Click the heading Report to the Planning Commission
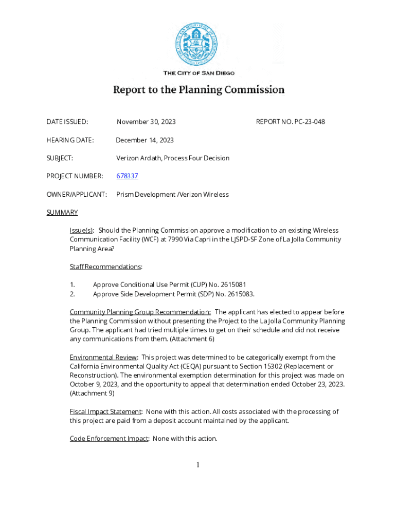click(x=199, y=90)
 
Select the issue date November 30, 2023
click(x=146, y=122)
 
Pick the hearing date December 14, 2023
click(x=145, y=140)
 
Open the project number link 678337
click(x=127, y=176)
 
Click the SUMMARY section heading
click(x=62, y=213)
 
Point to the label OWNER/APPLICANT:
click(x=77, y=195)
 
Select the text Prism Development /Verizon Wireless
click(x=172, y=195)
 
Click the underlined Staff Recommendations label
click(x=105, y=267)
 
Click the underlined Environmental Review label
click(x=103, y=357)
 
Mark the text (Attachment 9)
click(x=92, y=393)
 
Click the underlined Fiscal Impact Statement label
click(x=105, y=411)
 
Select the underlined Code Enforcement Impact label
click(x=109, y=439)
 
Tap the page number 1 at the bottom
click(x=197, y=465)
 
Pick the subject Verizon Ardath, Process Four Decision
click(x=173, y=158)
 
